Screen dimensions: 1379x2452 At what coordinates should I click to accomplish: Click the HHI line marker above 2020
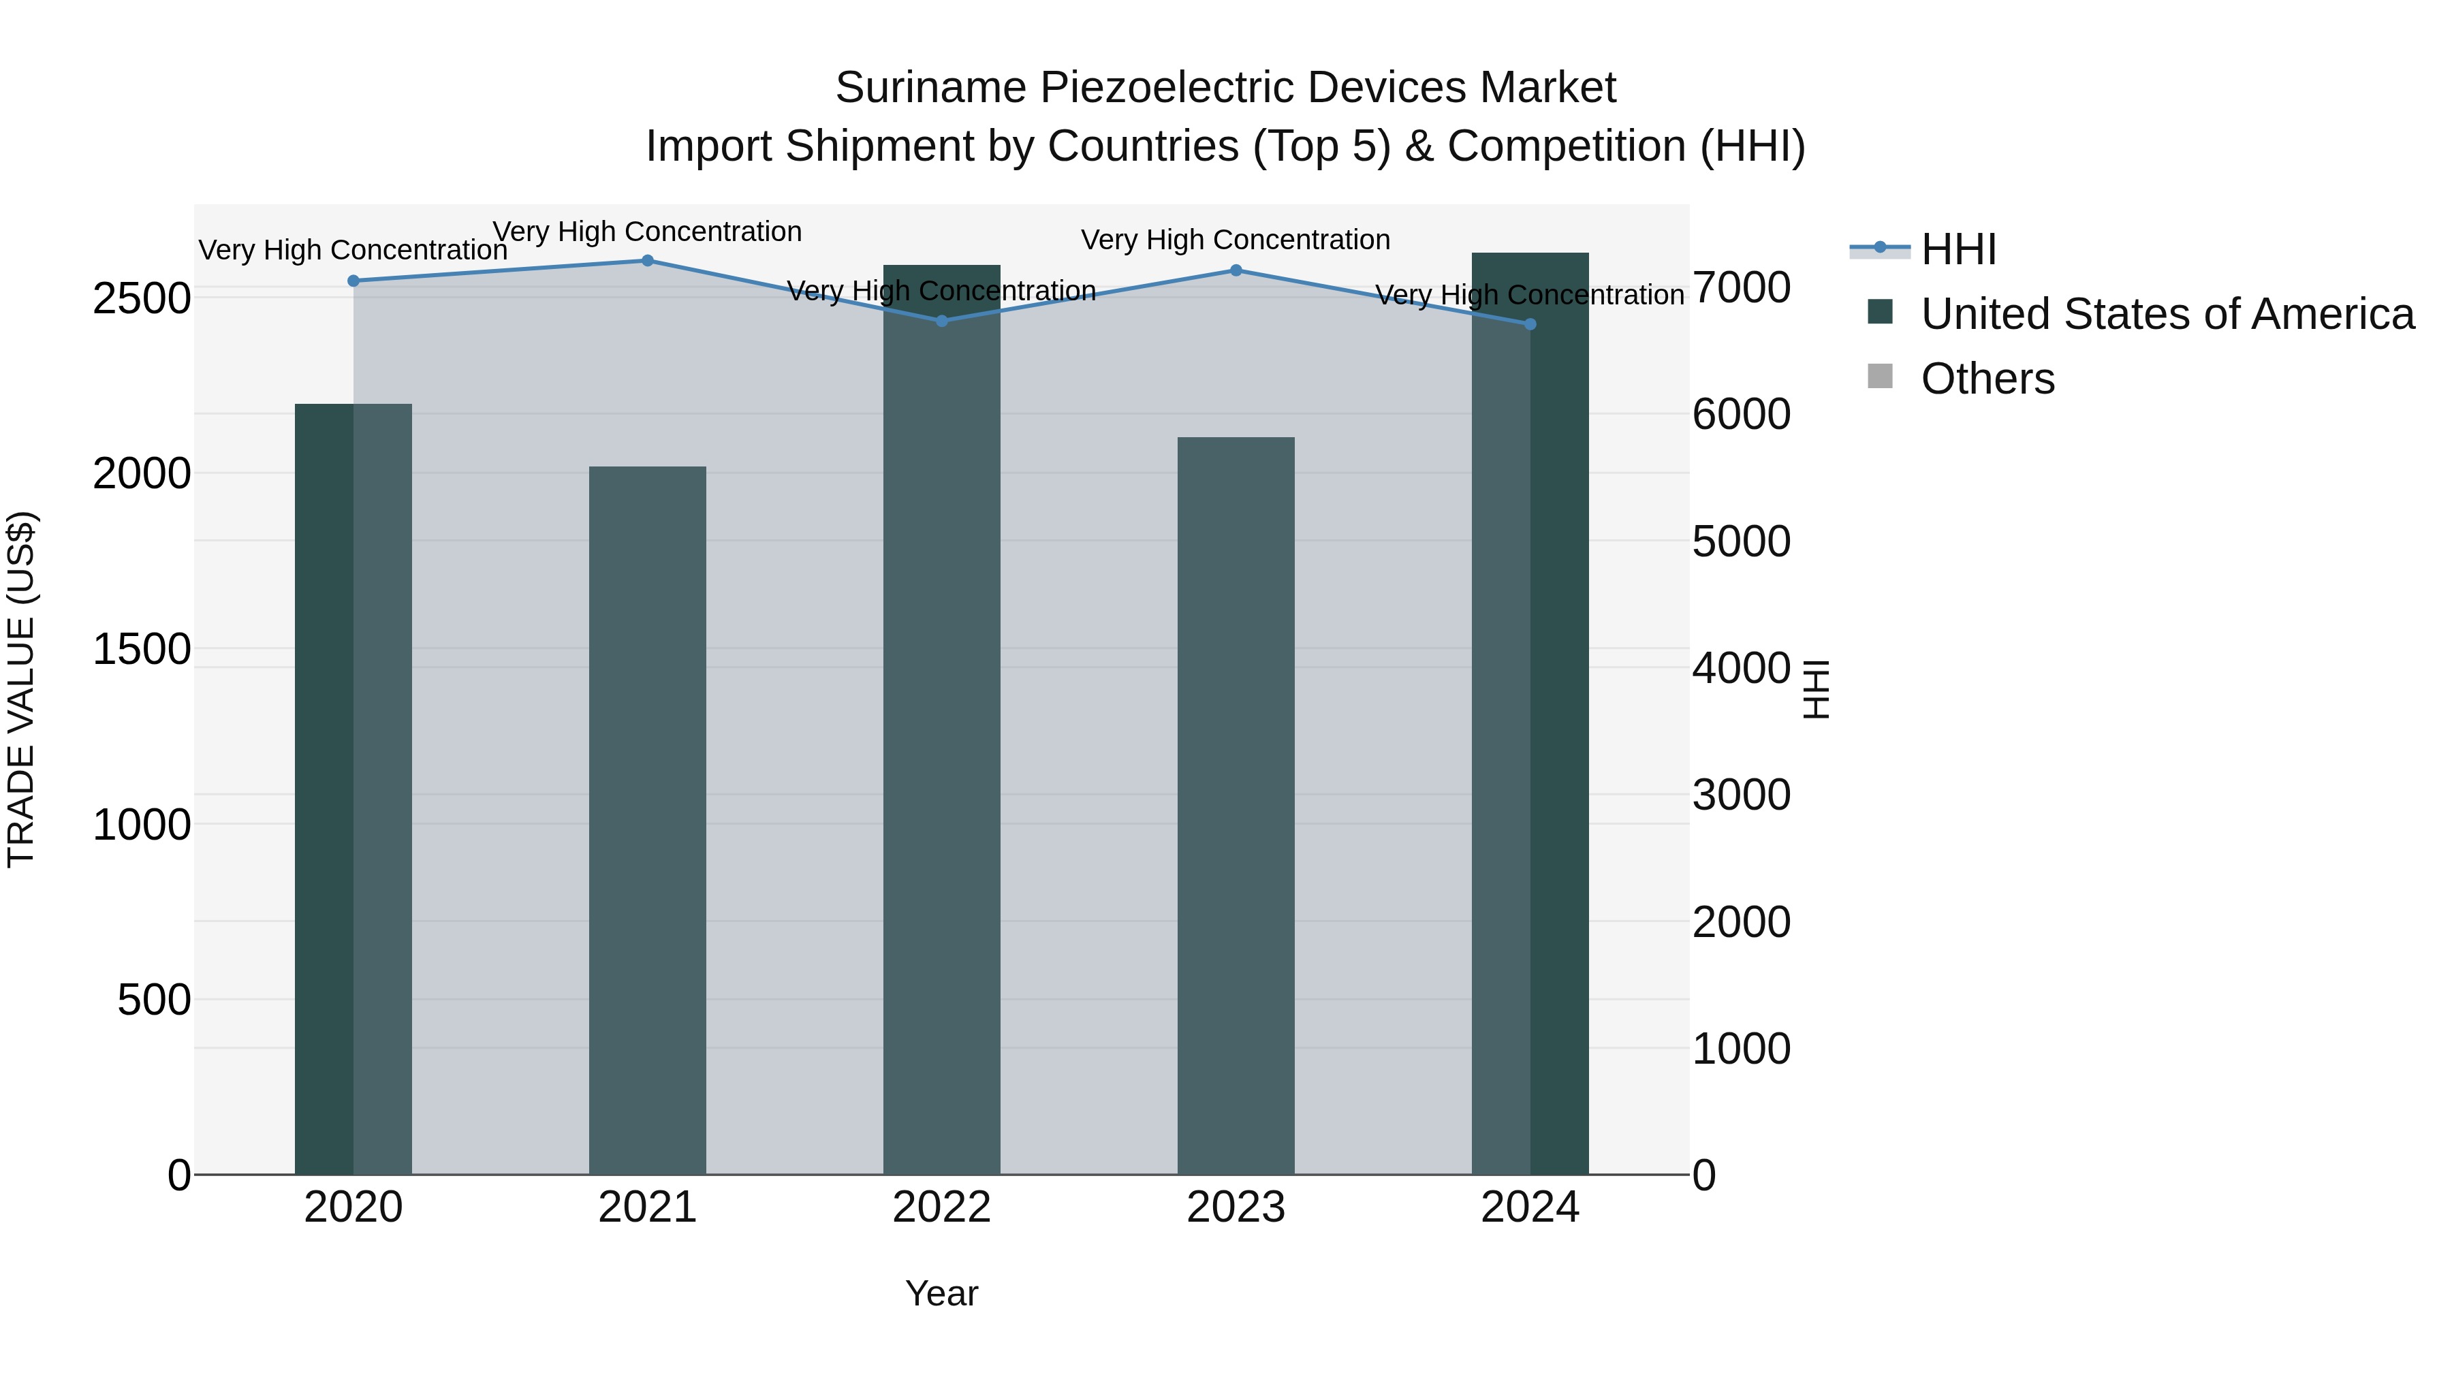click(353, 281)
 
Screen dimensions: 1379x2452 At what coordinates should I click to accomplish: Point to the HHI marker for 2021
click(647, 261)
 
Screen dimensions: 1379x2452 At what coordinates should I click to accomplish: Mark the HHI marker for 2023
click(1236, 270)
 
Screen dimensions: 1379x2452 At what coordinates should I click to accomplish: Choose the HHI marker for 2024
click(1530, 325)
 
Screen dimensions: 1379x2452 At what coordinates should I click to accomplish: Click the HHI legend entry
click(1958, 249)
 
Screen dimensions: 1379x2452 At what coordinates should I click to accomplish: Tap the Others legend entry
click(1987, 379)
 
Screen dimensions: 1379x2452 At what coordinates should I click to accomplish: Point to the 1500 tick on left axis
click(142, 650)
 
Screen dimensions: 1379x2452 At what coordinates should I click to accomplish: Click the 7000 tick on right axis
click(1741, 287)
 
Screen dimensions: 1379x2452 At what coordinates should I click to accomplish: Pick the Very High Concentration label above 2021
click(647, 232)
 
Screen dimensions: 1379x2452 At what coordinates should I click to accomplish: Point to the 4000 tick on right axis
click(1741, 668)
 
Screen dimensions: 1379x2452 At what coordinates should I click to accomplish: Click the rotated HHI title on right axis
click(1816, 689)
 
